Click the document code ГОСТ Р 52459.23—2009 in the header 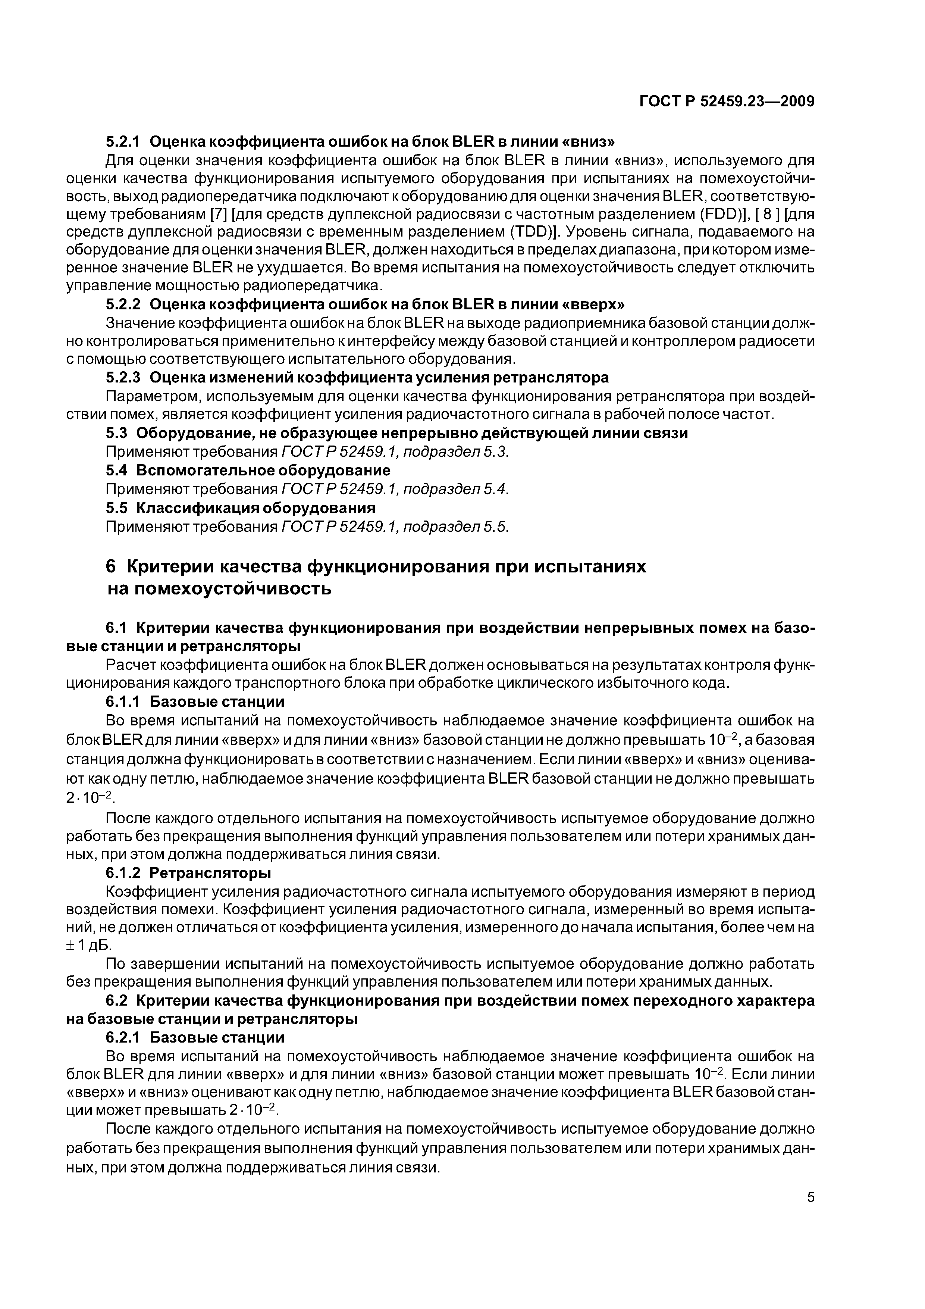[727, 101]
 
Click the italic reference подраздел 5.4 [455, 489]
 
